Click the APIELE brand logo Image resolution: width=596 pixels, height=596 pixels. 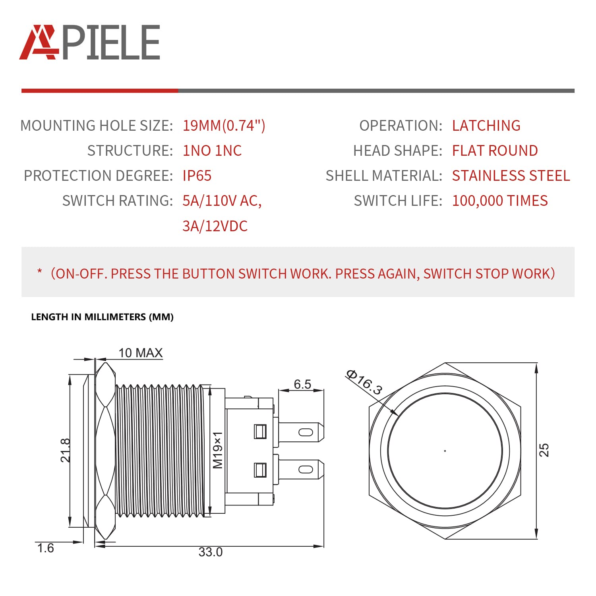click(x=90, y=43)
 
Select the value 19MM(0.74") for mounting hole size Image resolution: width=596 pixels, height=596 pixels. click(x=224, y=126)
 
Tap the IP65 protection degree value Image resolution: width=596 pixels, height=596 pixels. click(x=197, y=176)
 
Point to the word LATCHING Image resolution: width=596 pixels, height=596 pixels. click(x=486, y=126)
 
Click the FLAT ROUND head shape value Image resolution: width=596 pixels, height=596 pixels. click(x=495, y=151)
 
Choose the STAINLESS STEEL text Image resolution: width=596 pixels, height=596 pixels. click(x=511, y=176)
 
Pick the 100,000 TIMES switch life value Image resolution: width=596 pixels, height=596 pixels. click(x=500, y=201)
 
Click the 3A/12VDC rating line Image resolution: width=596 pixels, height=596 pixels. click(x=215, y=226)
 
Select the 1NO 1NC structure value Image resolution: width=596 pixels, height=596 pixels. click(x=212, y=151)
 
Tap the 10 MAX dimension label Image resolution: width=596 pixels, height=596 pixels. click(x=141, y=353)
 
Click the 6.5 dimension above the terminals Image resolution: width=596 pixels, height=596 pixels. click(x=302, y=384)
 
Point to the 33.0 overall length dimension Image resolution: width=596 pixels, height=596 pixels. click(x=211, y=552)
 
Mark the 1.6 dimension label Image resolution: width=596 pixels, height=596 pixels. click(x=45, y=548)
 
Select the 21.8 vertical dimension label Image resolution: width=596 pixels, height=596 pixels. click(x=66, y=450)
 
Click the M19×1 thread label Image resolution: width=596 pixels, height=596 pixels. click(x=218, y=450)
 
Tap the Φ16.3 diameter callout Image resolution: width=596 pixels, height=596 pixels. click(x=364, y=382)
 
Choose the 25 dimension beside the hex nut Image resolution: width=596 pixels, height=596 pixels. click(x=544, y=450)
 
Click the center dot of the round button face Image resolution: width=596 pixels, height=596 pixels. click(x=445, y=451)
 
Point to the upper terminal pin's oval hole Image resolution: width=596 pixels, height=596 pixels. click(x=306, y=432)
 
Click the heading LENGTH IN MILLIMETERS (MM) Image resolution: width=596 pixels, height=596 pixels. click(x=102, y=317)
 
